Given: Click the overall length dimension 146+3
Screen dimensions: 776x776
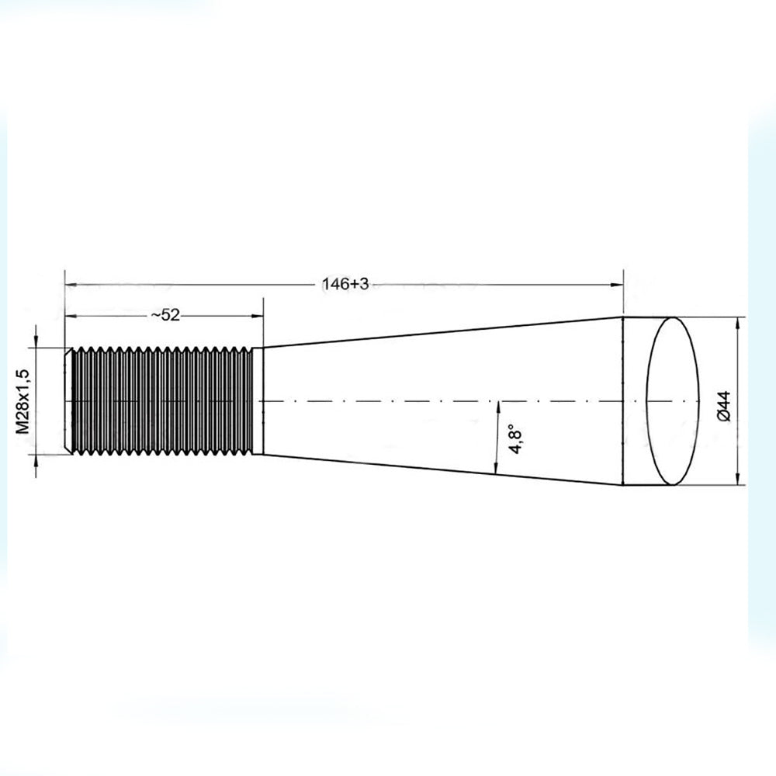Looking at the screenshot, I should (x=345, y=285).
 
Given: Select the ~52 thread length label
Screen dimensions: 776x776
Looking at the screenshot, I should (x=165, y=315).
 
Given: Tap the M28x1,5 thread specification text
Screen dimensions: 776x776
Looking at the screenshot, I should (x=23, y=400).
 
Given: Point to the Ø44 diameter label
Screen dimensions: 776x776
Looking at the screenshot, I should (x=722, y=406).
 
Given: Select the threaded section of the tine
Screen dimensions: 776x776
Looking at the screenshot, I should (x=163, y=400).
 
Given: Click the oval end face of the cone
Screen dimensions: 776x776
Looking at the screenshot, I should (x=671, y=400).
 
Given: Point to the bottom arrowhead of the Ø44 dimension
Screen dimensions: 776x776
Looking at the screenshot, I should (x=736, y=479).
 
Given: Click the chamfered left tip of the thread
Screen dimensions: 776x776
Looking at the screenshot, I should (x=68, y=400).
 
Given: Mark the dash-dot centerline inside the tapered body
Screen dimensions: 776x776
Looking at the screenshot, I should (x=435, y=401).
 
